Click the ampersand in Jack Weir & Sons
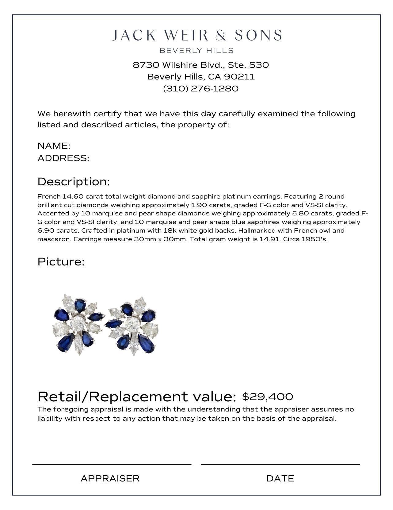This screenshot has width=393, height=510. [220, 36]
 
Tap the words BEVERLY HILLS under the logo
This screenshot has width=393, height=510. [196, 51]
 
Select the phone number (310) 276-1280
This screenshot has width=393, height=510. [201, 89]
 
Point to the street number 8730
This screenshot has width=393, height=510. [146, 65]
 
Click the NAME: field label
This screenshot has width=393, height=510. [54, 146]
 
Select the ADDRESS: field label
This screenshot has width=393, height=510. [63, 158]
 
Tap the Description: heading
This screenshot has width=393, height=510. [74, 182]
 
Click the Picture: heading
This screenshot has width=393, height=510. [61, 262]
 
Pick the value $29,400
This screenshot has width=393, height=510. [267, 397]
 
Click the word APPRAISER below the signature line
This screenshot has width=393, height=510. [110, 478]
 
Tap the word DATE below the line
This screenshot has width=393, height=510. [280, 478]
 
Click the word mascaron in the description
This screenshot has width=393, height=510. [54, 239]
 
